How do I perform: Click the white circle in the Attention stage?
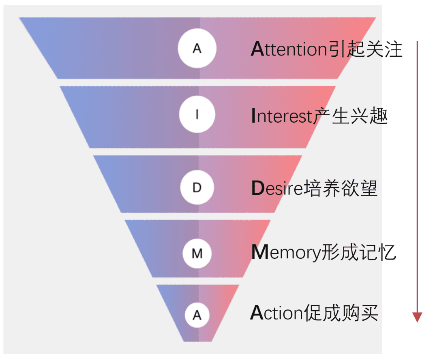pyautogui.click(x=197, y=49)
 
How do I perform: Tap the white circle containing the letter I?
pyautogui.click(x=197, y=115)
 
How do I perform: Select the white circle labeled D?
pyautogui.click(x=197, y=188)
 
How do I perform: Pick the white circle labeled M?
pyautogui.click(x=197, y=253)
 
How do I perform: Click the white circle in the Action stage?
pyautogui.click(x=197, y=315)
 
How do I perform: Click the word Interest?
pyautogui.click(x=281, y=117)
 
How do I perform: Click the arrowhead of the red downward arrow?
pyautogui.click(x=417, y=317)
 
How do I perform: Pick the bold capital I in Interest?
pyautogui.click(x=253, y=117)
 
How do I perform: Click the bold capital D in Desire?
pyautogui.click(x=258, y=188)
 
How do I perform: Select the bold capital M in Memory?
pyautogui.click(x=259, y=252)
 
